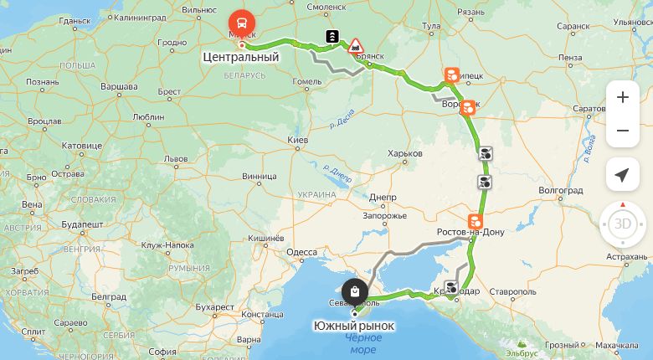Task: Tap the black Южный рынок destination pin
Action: pyautogui.click(x=355, y=292)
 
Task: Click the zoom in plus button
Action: pyautogui.click(x=622, y=97)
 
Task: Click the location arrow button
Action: pyautogui.click(x=622, y=174)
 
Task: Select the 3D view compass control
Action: pyautogui.click(x=623, y=224)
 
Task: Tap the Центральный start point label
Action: pyautogui.click(x=240, y=58)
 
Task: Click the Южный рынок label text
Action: pyautogui.click(x=353, y=325)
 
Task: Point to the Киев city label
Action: pyautogui.click(x=298, y=139)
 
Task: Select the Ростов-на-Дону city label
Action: pyautogui.click(x=470, y=231)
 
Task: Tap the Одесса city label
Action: pyautogui.click(x=301, y=252)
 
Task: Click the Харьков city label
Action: pyautogui.click(x=404, y=153)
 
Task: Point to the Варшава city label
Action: pyautogui.click(x=120, y=87)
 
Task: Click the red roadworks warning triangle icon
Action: pyautogui.click(x=356, y=44)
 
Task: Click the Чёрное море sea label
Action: pyautogui.click(x=362, y=342)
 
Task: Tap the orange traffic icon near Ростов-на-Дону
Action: pyautogui.click(x=475, y=221)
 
